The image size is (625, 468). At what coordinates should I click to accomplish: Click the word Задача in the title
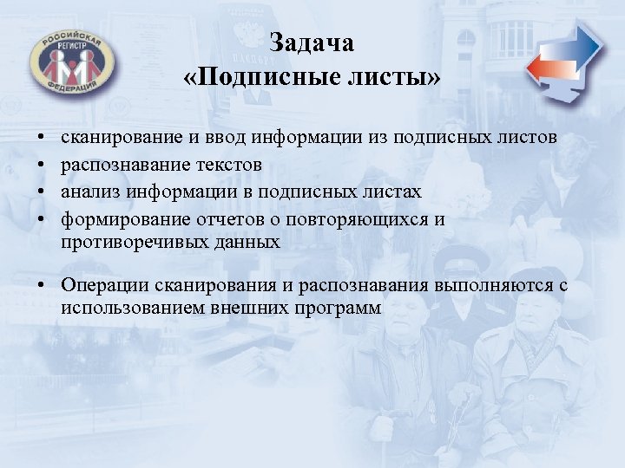click(x=312, y=42)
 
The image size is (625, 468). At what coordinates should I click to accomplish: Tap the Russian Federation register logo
click(x=68, y=64)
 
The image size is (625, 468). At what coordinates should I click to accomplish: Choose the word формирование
click(x=117, y=218)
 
